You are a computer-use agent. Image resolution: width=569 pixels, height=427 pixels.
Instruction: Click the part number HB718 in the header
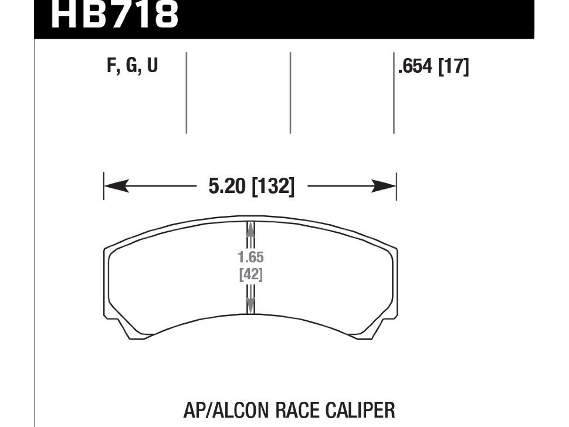114,15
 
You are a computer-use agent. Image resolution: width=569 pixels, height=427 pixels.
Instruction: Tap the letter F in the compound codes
111,66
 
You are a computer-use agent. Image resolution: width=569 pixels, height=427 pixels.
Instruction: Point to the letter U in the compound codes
152,66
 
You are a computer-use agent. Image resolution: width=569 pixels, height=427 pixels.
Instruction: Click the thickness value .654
415,67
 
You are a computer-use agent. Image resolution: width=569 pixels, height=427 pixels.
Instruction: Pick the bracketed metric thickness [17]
453,67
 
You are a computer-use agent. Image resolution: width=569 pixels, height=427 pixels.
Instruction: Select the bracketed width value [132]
273,187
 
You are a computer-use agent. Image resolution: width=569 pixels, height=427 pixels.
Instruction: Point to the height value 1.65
250,257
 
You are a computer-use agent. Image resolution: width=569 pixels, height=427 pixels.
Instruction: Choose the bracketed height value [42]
250,274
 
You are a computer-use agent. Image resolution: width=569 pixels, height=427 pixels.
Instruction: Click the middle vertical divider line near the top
290,93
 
